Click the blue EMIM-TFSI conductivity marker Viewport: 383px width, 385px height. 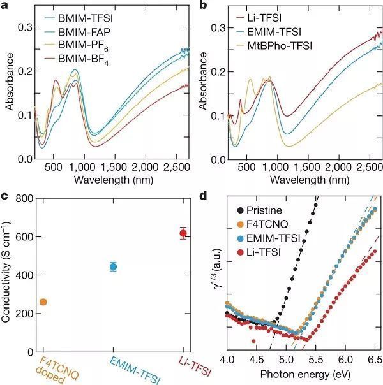click(x=113, y=266)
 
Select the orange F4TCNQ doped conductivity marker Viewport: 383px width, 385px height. click(x=43, y=301)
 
